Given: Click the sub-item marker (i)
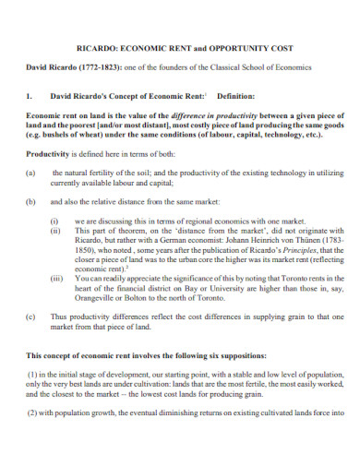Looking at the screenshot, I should (54, 221).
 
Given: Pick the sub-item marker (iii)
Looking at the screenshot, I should (56, 278).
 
